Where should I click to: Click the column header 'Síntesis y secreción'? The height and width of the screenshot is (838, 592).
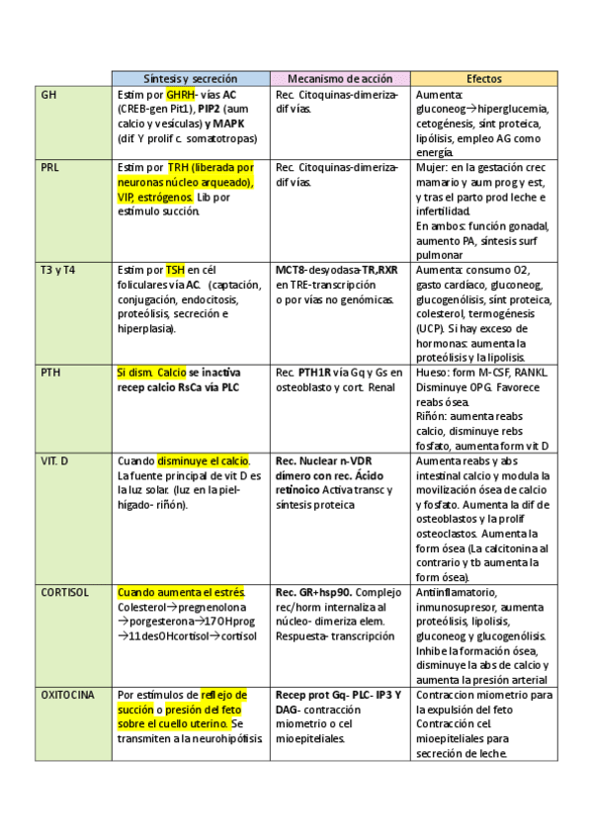click(190, 78)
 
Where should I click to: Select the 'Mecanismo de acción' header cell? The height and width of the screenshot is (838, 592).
click(339, 78)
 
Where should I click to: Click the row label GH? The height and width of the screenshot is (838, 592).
click(49, 95)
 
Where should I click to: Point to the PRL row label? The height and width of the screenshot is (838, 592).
click(50, 168)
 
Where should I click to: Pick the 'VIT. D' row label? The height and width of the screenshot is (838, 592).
click(55, 461)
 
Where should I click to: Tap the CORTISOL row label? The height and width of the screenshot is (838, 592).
click(65, 592)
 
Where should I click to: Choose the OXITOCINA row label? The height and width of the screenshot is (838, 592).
click(68, 695)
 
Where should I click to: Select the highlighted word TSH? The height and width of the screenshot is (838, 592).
click(175, 270)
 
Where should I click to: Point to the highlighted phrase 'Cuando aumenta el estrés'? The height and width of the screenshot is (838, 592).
click(181, 592)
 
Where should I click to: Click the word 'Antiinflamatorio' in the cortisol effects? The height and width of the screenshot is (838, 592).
click(456, 592)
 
